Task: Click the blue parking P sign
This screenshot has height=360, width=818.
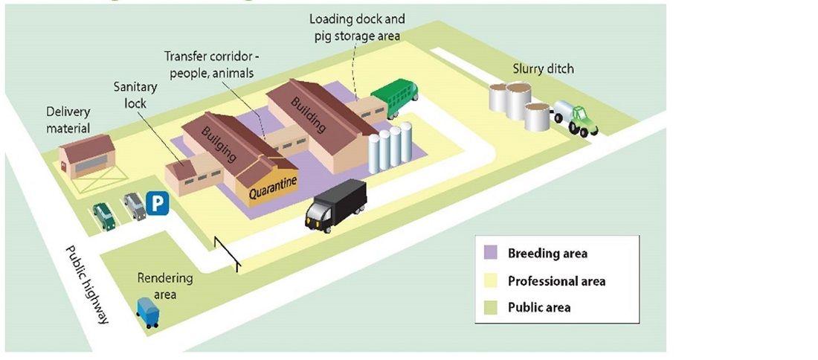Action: tap(157, 203)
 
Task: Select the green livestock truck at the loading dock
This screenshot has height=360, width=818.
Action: tap(395, 97)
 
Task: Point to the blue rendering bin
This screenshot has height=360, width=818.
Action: tap(148, 312)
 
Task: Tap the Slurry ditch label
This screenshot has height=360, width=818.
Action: tap(543, 69)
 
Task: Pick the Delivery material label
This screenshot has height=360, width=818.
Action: tap(68, 120)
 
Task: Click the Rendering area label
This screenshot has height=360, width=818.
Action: tap(164, 286)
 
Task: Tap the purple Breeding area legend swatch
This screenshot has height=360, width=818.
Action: tap(492, 254)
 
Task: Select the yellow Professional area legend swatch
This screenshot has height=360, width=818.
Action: tap(492, 281)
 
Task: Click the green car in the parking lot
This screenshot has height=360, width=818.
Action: tap(104, 216)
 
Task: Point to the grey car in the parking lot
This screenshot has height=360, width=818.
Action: tap(135, 206)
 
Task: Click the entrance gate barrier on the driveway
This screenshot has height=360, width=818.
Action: tap(227, 252)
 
